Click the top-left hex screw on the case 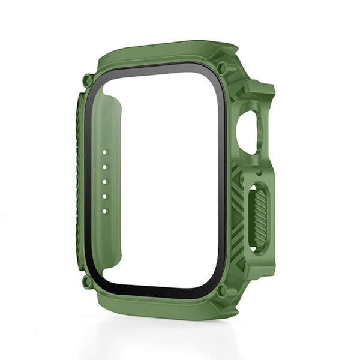pos(88,80)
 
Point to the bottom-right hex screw pos(222,291)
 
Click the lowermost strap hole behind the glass pos(104,210)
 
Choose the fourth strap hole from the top pos(104,196)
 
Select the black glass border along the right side pos(224,180)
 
